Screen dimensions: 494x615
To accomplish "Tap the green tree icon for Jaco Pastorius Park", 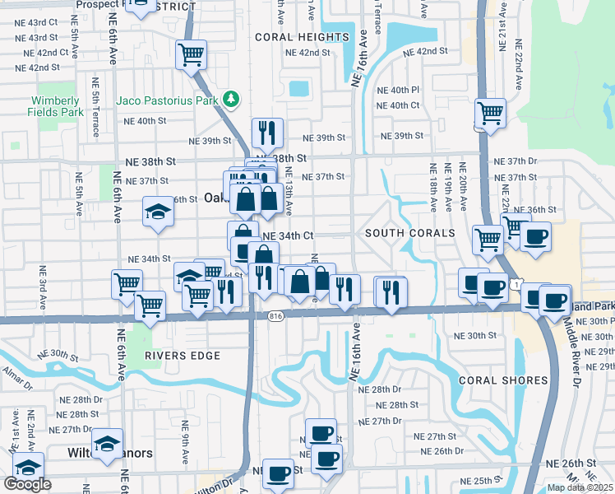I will point(233,100).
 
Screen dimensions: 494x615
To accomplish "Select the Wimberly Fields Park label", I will point(56,106).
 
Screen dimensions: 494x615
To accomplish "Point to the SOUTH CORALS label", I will point(410,233).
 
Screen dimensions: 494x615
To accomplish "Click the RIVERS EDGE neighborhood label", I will point(182,356).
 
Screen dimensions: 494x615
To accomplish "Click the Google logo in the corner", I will point(27,484).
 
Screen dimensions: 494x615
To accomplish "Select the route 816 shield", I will point(275,316).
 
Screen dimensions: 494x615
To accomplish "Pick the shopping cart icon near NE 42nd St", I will point(191,55).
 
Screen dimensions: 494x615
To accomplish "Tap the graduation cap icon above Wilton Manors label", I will point(107,444).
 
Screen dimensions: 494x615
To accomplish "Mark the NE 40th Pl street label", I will point(398,90).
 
